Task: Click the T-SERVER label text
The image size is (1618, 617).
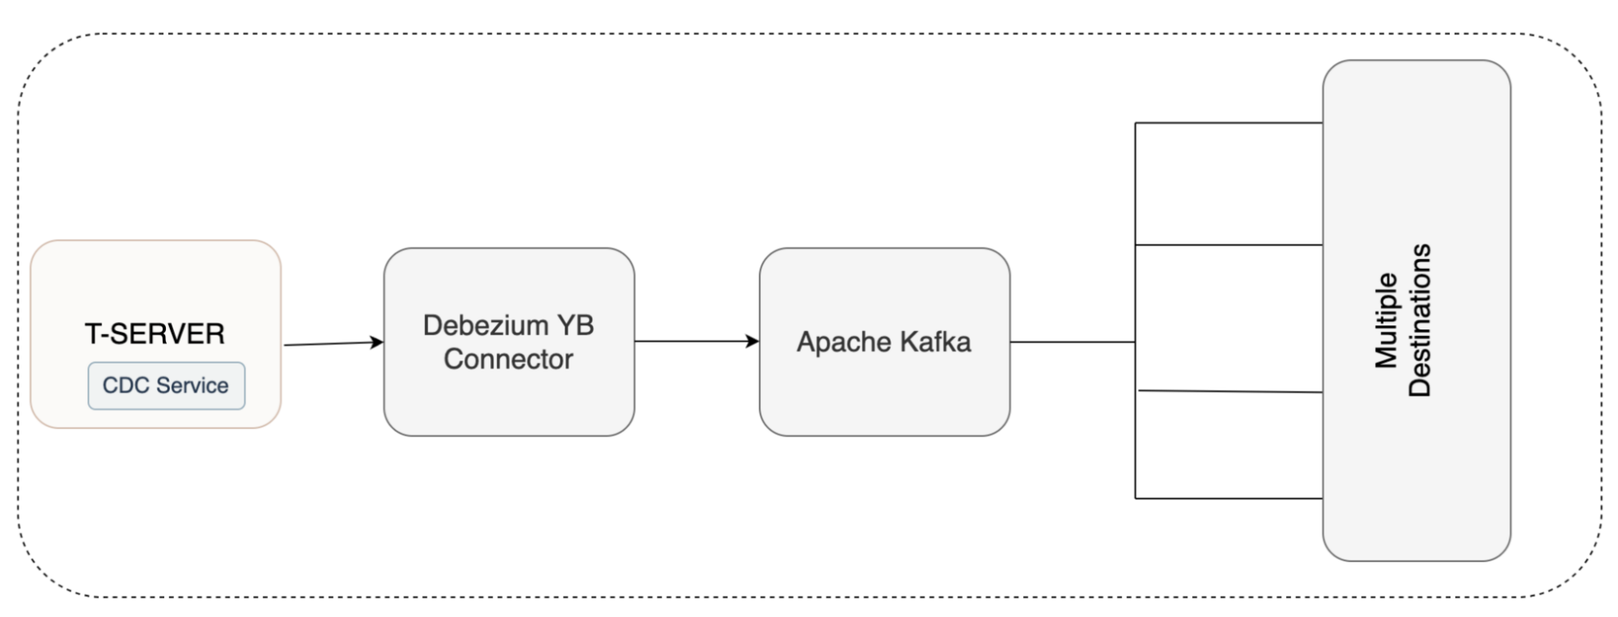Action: click(154, 334)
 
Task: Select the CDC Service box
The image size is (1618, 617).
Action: click(166, 386)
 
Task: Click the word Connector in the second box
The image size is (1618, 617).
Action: click(508, 360)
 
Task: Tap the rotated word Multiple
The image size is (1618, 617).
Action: click(1387, 320)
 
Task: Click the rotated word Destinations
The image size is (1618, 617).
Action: click(1420, 320)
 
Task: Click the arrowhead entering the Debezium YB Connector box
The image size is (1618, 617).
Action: click(377, 342)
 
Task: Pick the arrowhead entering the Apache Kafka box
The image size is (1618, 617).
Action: click(753, 342)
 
